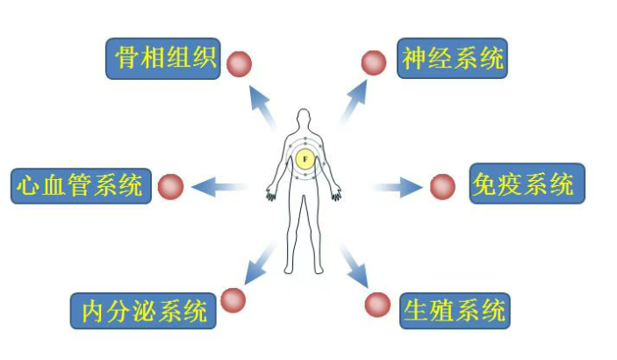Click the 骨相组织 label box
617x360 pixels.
coord(163,59)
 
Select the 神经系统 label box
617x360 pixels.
coord(452,58)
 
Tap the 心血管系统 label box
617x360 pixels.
coord(81,186)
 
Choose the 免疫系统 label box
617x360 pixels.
coord(527,184)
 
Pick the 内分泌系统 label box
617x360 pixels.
coord(143,311)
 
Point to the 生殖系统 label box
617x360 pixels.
coord(455,311)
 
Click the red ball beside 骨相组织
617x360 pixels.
coord(239,64)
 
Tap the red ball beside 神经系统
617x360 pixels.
coord(374,62)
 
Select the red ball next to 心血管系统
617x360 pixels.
coord(171,187)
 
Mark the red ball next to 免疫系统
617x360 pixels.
coord(442,187)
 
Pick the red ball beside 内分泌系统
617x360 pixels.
coord(233,300)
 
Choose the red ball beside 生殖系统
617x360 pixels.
coord(377,305)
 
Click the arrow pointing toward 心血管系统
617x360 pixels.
coord(219,187)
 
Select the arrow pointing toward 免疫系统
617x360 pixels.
coord(398,187)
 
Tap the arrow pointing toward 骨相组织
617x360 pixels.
coord(262,106)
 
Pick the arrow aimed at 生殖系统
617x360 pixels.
coord(354,266)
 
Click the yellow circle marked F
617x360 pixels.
coord(305,160)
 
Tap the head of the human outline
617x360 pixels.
coord(304,119)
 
